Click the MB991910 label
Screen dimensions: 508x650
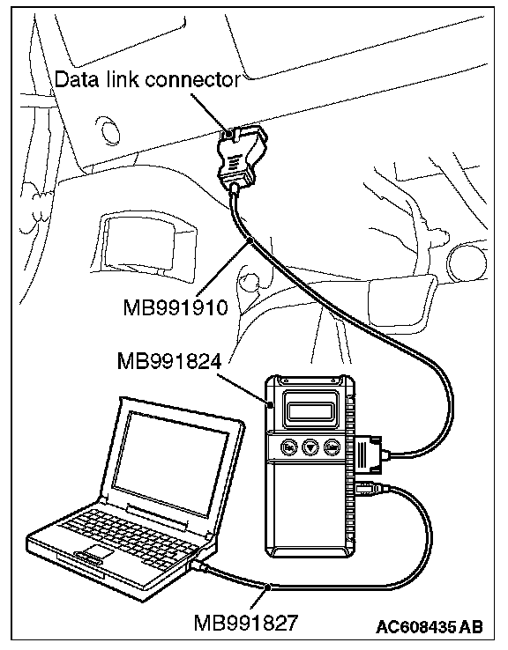pyautogui.click(x=176, y=308)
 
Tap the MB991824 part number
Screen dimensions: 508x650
pyautogui.click(x=169, y=361)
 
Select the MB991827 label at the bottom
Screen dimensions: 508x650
pyautogui.click(x=246, y=622)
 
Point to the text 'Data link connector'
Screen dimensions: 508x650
pyautogui.click(x=147, y=79)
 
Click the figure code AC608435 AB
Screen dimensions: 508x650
pyautogui.click(x=430, y=626)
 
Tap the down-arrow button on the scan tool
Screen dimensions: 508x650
pyautogui.click(x=310, y=447)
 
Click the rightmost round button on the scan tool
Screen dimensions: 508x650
pyautogui.click(x=332, y=447)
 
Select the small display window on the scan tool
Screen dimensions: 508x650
pyautogui.click(x=310, y=411)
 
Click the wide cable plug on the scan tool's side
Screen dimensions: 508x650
pyautogui.click(x=370, y=454)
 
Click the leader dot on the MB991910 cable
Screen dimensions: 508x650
pyautogui.click(x=250, y=240)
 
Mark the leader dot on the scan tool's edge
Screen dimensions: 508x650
pyautogui.click(x=270, y=404)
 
